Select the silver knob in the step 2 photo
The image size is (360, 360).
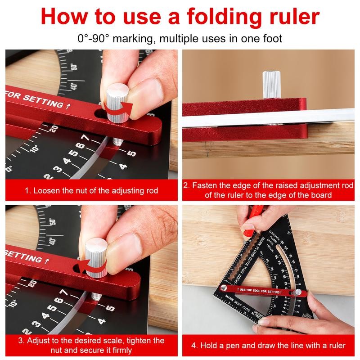pyautogui.click(x=270, y=84)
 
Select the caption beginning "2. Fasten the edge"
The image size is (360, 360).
pyautogui.click(x=268, y=190)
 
